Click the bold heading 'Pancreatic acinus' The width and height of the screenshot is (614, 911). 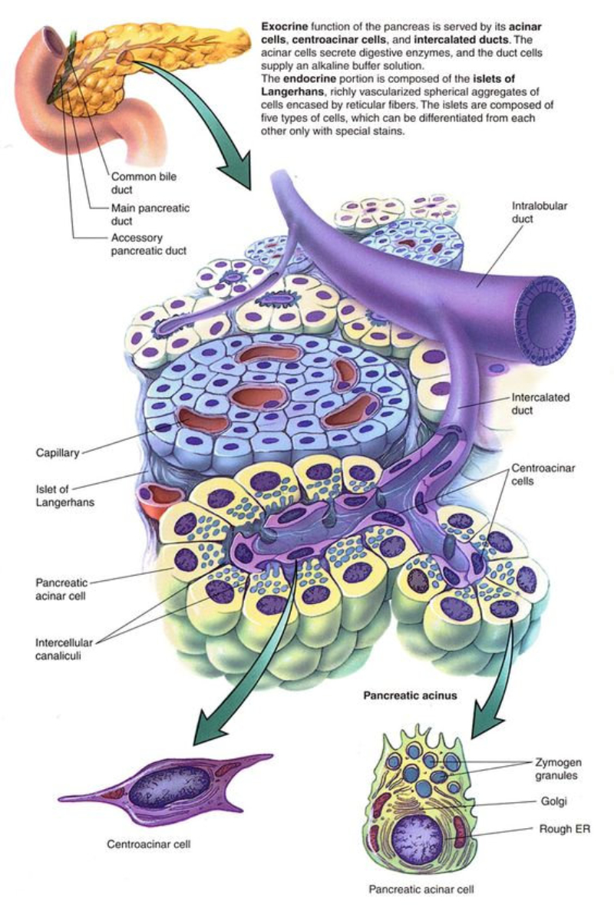coord(409,696)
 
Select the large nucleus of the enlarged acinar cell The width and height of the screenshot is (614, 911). coord(414,838)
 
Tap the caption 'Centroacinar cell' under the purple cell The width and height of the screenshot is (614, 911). coord(148,845)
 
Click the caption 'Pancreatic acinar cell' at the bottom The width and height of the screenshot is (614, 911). coord(421,890)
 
